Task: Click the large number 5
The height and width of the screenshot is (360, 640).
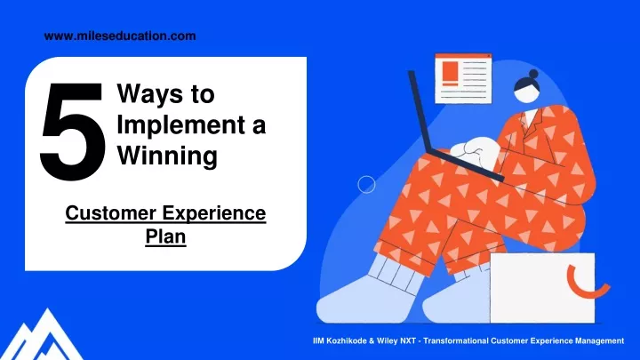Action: (72, 132)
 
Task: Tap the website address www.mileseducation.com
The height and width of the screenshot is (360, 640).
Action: (120, 36)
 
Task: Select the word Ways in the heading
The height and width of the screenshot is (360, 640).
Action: (150, 94)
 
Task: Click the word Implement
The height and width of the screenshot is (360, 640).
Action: (180, 125)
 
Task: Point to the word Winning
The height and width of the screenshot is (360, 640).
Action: (167, 156)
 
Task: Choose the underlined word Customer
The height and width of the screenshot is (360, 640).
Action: (110, 213)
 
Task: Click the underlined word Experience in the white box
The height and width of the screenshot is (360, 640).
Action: (214, 214)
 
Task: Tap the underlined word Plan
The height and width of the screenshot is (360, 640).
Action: (165, 236)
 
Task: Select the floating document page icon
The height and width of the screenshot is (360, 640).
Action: (463, 78)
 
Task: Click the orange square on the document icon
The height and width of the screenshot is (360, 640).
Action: (451, 72)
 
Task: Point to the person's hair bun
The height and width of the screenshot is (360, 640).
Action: (533, 74)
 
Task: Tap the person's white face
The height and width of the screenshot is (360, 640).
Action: (528, 93)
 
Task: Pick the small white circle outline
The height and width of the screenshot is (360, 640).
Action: (366, 185)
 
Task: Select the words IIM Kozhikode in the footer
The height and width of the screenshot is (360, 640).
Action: (340, 340)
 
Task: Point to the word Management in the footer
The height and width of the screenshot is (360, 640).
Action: (599, 340)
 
